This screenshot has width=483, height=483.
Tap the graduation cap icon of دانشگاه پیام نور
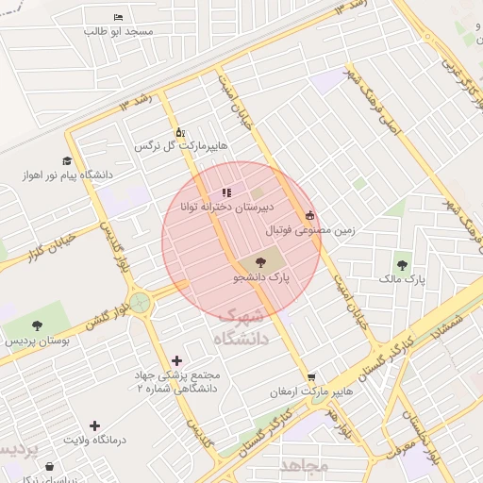[66, 160]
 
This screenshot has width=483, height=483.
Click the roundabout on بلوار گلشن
[141, 302]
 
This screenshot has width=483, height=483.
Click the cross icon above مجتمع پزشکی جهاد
[176, 359]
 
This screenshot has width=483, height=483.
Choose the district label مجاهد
[304, 465]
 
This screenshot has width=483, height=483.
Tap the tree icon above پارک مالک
[403, 265]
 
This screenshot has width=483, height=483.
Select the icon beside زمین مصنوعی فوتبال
[309, 215]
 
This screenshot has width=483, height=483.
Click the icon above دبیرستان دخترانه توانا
[225, 192]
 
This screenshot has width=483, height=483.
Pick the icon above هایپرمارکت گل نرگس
[180, 132]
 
